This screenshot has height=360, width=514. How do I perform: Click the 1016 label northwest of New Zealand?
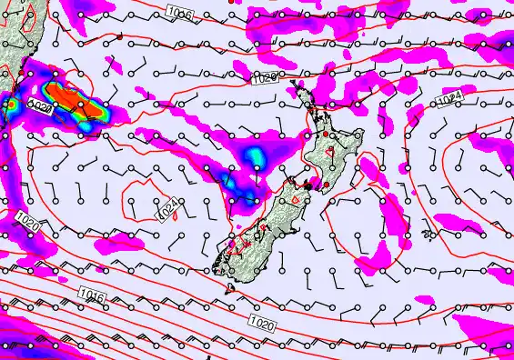tap(179, 11)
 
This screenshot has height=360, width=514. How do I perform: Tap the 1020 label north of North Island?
tap(265, 79)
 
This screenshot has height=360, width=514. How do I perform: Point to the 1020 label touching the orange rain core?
tap(38, 106)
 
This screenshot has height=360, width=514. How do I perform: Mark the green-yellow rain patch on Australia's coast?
tap(12, 106)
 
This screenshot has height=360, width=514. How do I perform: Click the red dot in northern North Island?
tap(327, 135)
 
